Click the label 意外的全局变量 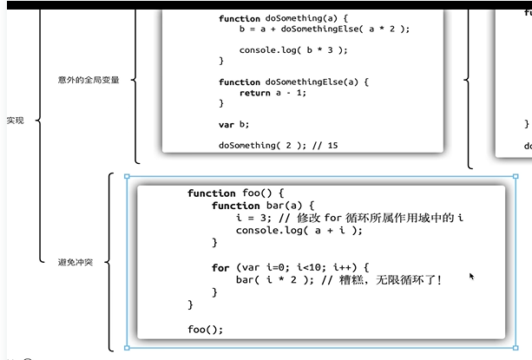click(x=88, y=80)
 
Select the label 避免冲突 click(x=75, y=261)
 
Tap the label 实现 click(x=16, y=120)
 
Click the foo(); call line click(x=205, y=329)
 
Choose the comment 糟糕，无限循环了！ click(x=393, y=279)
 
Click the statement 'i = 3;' click(x=253, y=218)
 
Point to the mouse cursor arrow click(x=472, y=277)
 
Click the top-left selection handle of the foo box click(x=128, y=177)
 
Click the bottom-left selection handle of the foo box click(x=128, y=347)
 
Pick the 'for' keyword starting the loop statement click(x=220, y=267)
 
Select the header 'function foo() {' click(x=235, y=193)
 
